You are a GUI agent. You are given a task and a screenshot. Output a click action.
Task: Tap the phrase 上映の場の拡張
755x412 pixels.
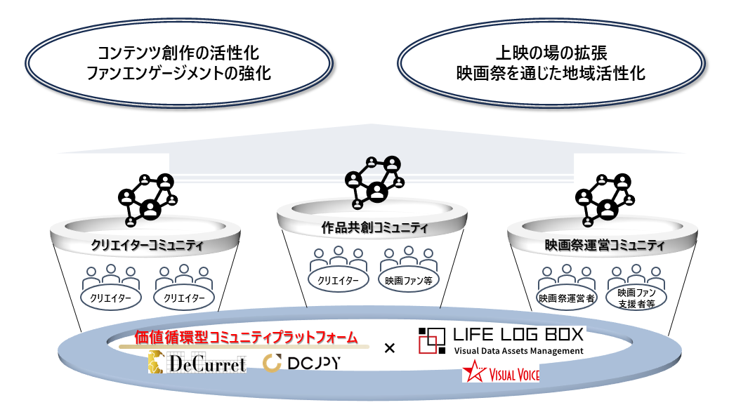(x=550, y=53)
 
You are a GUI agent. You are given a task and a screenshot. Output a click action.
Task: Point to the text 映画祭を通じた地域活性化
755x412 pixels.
(x=550, y=73)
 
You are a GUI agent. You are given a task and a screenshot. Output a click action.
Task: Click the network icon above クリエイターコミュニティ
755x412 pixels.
(x=146, y=199)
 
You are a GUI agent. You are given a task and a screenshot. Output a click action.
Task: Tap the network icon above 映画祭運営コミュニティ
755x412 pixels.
(x=600, y=199)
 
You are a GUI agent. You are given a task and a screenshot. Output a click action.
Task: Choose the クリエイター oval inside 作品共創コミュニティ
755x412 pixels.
(x=339, y=280)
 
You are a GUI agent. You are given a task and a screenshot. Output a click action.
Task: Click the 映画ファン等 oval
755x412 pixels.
(x=407, y=280)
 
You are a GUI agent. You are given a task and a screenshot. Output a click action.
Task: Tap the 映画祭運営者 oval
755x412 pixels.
(x=567, y=298)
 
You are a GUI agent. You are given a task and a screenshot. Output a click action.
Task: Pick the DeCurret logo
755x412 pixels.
(x=197, y=363)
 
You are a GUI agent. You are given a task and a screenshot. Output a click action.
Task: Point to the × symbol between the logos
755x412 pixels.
(x=390, y=347)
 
